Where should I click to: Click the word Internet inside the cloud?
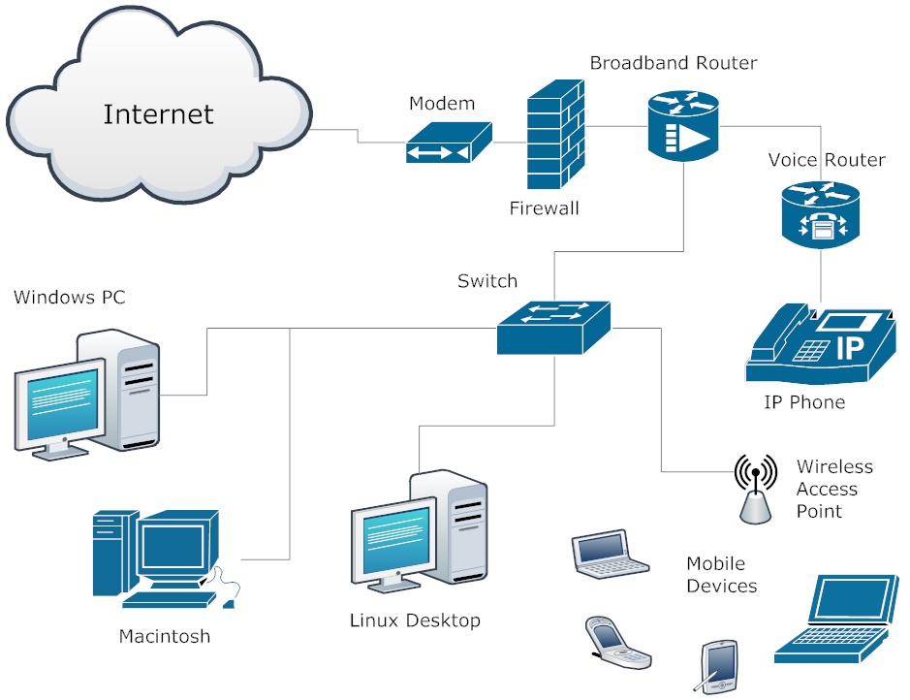click(158, 113)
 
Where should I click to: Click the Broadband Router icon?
click(683, 125)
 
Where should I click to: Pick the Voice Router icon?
click(820, 212)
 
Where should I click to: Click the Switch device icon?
click(553, 326)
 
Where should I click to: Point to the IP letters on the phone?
click(849, 347)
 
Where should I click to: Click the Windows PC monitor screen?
click(61, 398)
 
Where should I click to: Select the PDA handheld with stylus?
click(718, 666)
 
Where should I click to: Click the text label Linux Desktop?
click(415, 620)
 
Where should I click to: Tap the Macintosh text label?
click(164, 637)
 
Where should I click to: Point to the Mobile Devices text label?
click(721, 575)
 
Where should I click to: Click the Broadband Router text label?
click(674, 63)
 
